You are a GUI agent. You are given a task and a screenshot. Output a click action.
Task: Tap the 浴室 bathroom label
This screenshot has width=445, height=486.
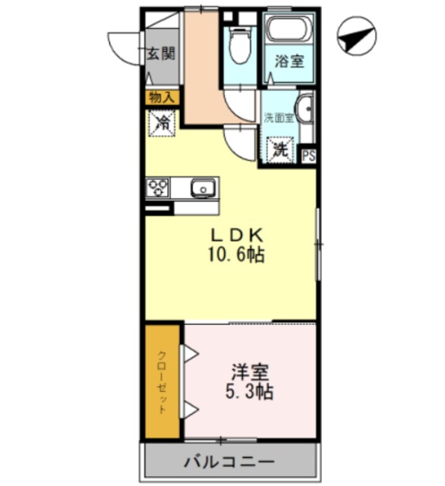tap(289, 61)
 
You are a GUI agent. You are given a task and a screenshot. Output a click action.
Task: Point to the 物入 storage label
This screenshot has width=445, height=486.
tap(161, 96)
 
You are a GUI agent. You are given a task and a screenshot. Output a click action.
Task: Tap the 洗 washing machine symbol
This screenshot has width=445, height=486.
tap(280, 149)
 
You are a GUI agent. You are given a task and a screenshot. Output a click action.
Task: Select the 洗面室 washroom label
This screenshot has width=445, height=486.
tap(277, 118)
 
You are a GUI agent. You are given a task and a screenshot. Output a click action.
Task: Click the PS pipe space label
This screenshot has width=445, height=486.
tap(308, 156)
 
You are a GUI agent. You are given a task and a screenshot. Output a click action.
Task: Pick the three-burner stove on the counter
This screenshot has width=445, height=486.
tap(158, 187)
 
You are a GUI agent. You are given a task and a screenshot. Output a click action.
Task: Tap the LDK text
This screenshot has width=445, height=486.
tap(232, 235)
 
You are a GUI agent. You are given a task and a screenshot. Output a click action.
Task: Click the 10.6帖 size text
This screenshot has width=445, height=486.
tap(237, 256)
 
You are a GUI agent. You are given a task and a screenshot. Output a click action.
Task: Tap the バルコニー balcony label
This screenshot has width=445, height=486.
tap(229, 462)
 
